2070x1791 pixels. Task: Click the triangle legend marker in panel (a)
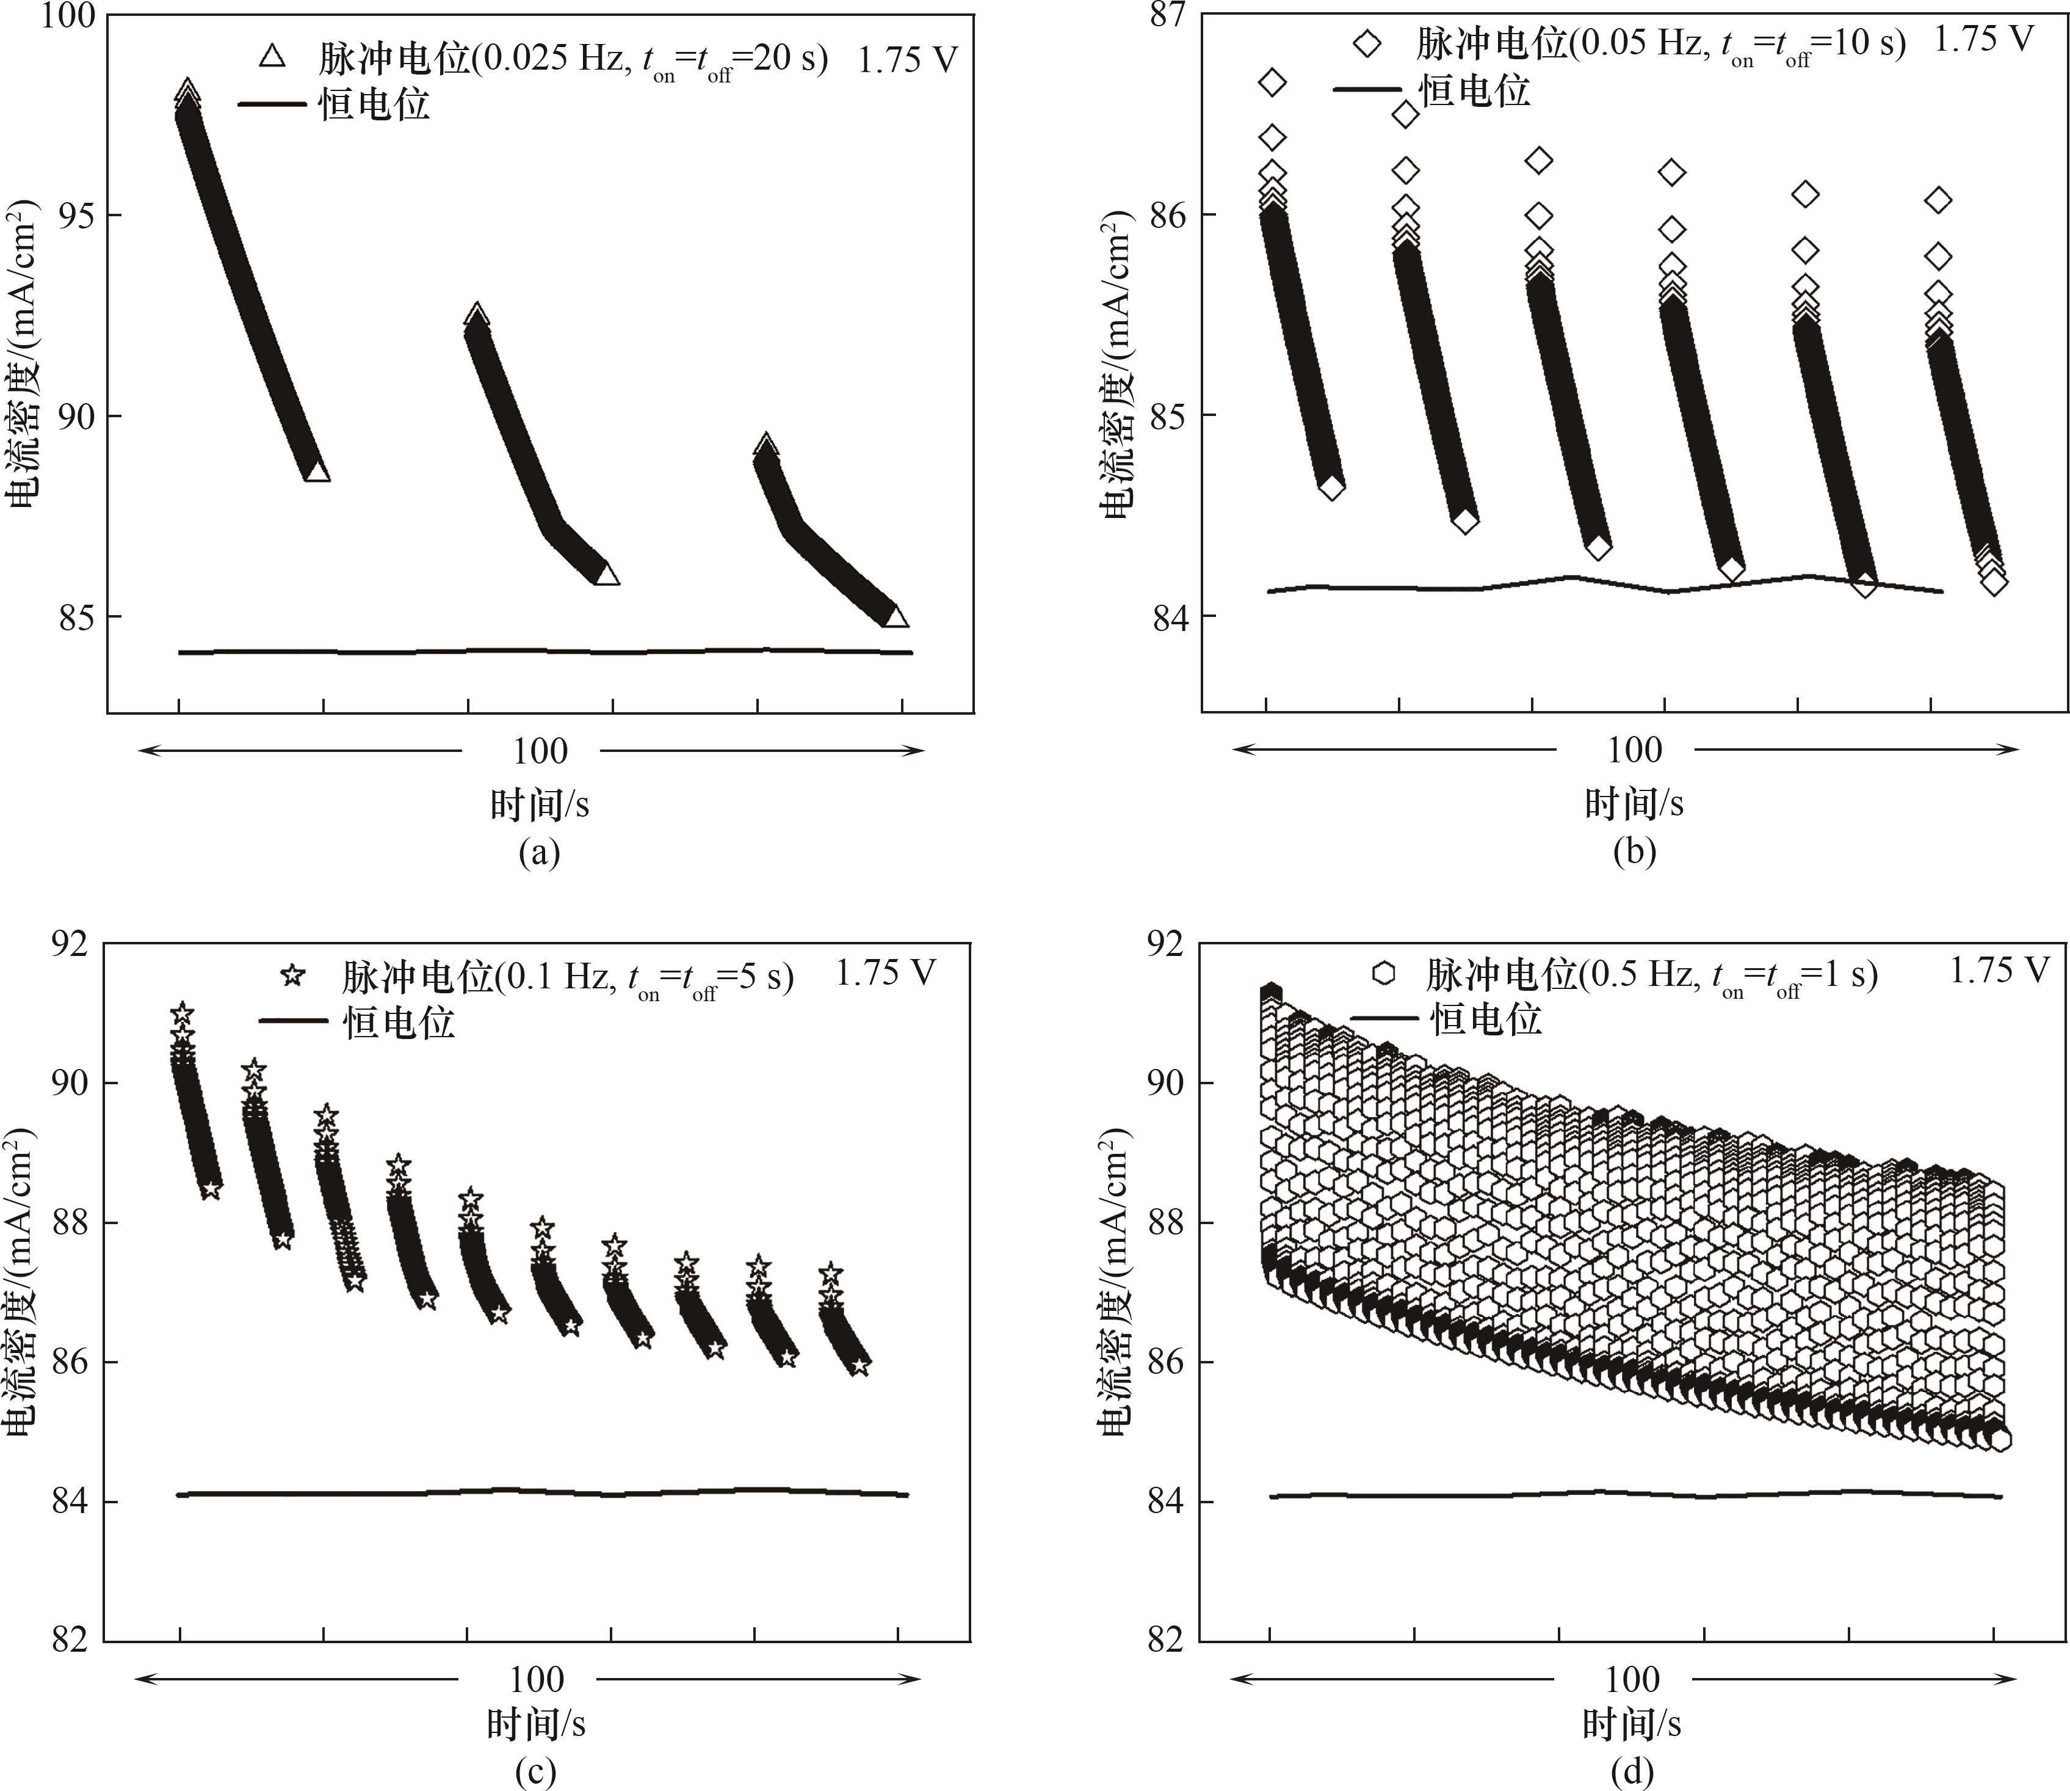(272, 57)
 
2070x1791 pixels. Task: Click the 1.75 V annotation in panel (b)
(1983, 39)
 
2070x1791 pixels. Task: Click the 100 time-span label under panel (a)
(540, 751)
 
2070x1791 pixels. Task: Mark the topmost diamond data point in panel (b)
(1272, 82)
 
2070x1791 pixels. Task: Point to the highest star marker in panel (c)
(182, 1013)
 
